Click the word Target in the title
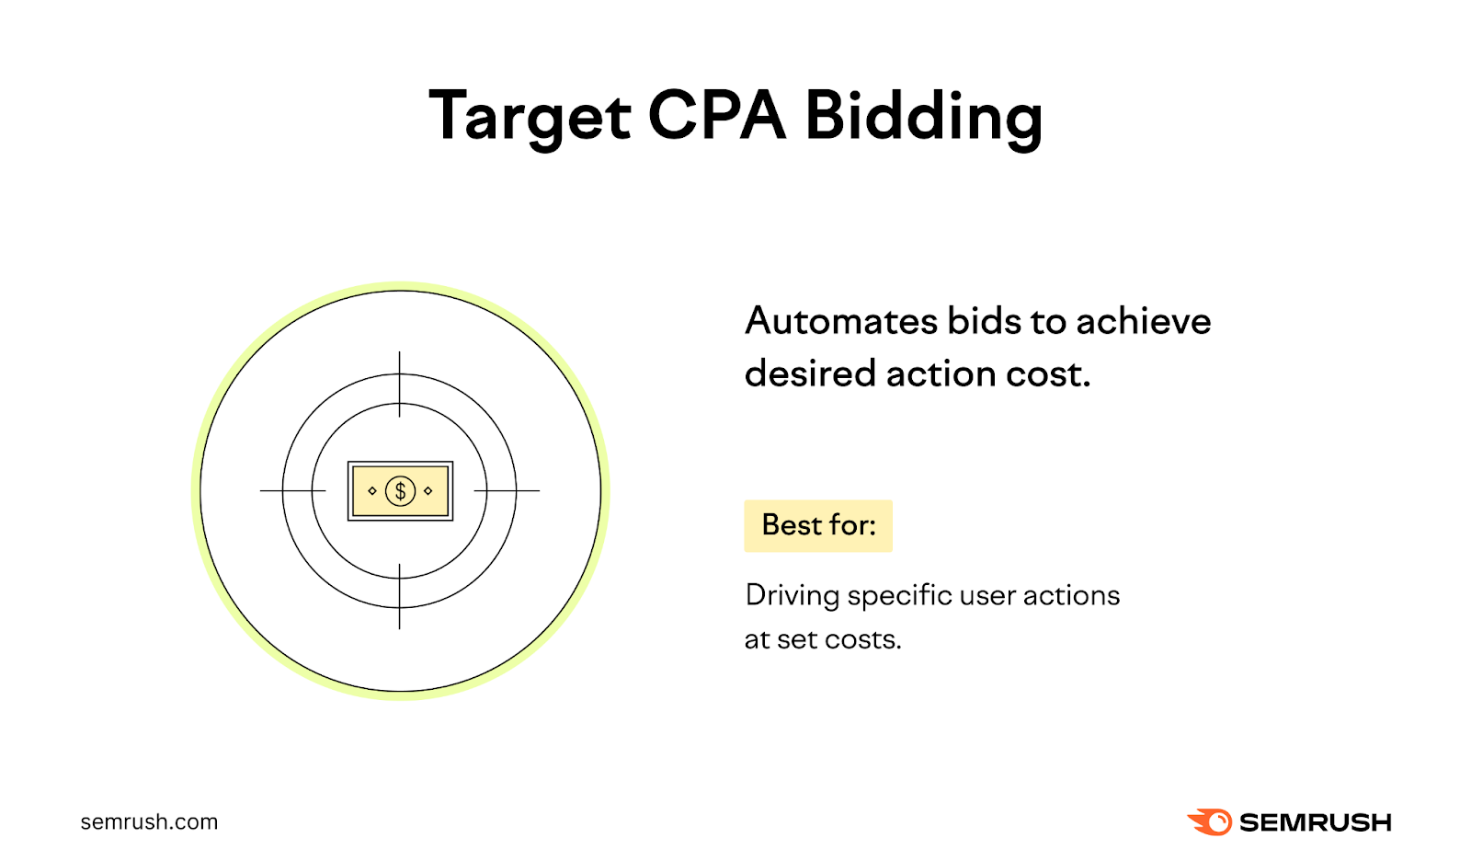pyautogui.click(x=530, y=117)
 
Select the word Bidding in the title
pyautogui.click(x=923, y=117)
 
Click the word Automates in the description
pyautogui.click(x=841, y=321)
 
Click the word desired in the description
pyautogui.click(x=809, y=373)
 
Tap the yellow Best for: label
pyautogui.click(x=818, y=525)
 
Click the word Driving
pyautogui.click(x=792, y=596)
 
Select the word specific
pyautogui.click(x=899, y=596)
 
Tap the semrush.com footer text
pyautogui.click(x=149, y=821)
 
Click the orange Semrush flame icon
pyautogui.click(x=1210, y=821)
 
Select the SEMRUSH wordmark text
pyautogui.click(x=1315, y=822)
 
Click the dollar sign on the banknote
pyautogui.click(x=400, y=491)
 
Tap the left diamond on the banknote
pyautogui.click(x=372, y=491)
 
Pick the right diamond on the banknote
pyautogui.click(x=428, y=491)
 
